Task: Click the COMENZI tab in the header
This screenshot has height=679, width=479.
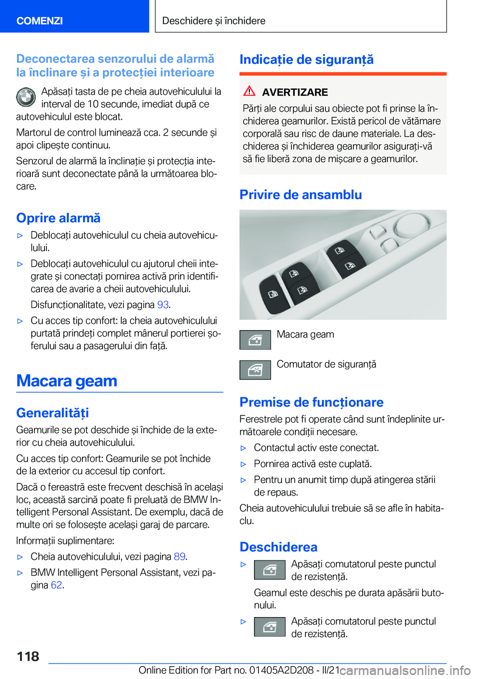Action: pyautogui.click(x=40, y=20)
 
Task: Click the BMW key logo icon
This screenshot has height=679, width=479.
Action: pyautogui.click(x=26, y=97)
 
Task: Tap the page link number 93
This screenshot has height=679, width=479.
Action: pyautogui.click(x=163, y=305)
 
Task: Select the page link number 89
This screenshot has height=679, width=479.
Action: pyautogui.click(x=179, y=556)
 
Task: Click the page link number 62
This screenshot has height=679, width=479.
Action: pyautogui.click(x=56, y=585)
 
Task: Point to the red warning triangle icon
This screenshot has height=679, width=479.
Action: pyautogui.click(x=249, y=91)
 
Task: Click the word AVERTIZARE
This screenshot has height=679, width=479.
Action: pyautogui.click(x=295, y=92)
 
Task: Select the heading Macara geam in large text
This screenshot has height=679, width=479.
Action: pyautogui.click(x=67, y=381)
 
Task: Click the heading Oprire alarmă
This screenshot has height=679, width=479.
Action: pyautogui.click(x=58, y=218)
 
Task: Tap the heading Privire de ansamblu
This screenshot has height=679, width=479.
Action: pyautogui.click(x=300, y=194)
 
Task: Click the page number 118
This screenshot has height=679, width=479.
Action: pyautogui.click(x=28, y=656)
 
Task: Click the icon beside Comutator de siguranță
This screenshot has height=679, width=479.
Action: pyautogui.click(x=255, y=370)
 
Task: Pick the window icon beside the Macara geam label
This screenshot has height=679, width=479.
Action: pyautogui.click(x=255, y=340)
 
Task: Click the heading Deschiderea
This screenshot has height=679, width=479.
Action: pyautogui.click(x=278, y=547)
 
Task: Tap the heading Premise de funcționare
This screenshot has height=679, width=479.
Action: pyautogui.click(x=311, y=402)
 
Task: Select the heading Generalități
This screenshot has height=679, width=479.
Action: pyautogui.click(x=52, y=413)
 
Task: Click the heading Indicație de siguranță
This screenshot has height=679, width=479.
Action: pyautogui.click(x=306, y=59)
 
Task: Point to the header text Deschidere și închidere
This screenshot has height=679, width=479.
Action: pyautogui.click(x=214, y=20)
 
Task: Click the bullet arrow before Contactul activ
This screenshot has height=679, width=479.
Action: pyautogui.click(x=243, y=448)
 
